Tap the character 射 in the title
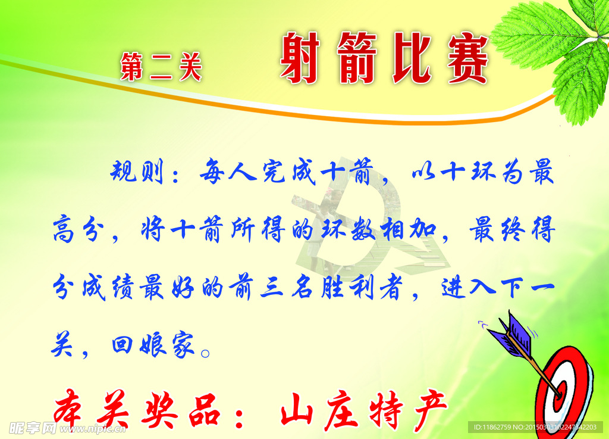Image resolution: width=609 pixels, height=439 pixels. coord(300,58)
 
